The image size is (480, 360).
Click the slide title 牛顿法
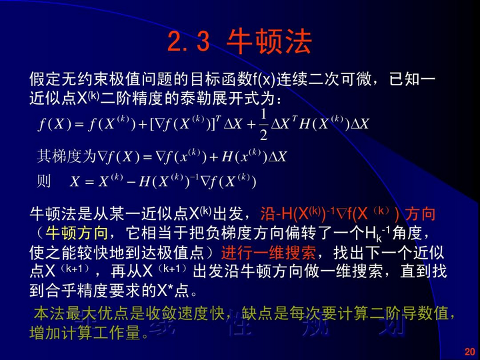pyautogui.click(x=269, y=42)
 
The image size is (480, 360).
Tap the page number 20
pyautogui.click(x=468, y=351)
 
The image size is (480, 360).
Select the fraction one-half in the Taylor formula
pyautogui.click(x=263, y=125)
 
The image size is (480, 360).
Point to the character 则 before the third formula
pyautogui.click(x=44, y=181)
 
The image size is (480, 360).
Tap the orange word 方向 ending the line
pyautogui.click(x=421, y=214)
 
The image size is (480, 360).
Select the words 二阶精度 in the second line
pyautogui.click(x=127, y=98)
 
